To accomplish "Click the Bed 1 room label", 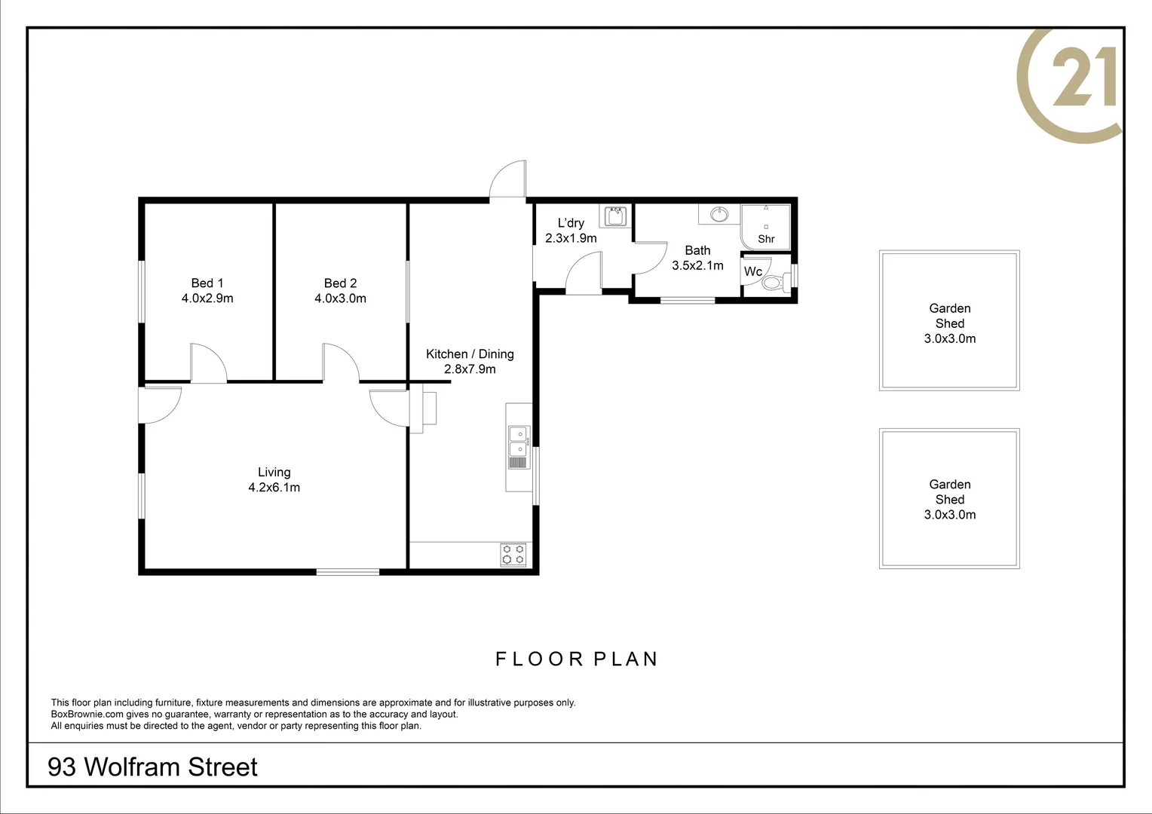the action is tap(207, 283).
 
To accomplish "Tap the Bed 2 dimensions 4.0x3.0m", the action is tap(341, 298).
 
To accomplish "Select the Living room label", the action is tap(274, 472).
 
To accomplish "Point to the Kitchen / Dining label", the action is tap(470, 353).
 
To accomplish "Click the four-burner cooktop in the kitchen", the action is tap(513, 555).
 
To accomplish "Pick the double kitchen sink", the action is tap(519, 448).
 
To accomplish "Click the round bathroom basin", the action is tap(719, 214).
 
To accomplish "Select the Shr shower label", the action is tap(766, 239).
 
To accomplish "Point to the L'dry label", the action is tap(571, 222).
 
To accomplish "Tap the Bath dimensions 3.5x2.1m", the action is tap(698, 265).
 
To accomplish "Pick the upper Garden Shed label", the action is tap(950, 316).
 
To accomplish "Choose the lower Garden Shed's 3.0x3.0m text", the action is tap(950, 515).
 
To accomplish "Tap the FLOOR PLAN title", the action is tap(577, 659).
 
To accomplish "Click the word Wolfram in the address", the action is tap(133, 767).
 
